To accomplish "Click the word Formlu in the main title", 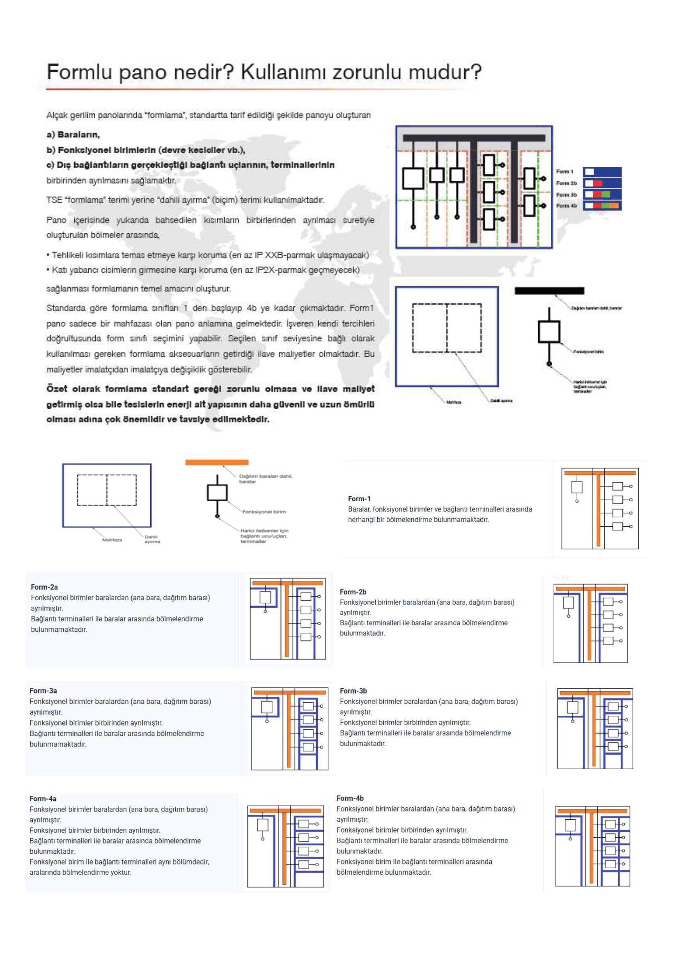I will [x=80, y=72].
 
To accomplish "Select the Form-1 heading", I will [x=359, y=498].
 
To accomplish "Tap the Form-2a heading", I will [x=44, y=587].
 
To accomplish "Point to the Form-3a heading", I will [x=43, y=691].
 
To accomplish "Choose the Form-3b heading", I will [x=353, y=691].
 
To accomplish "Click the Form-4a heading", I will [x=43, y=799].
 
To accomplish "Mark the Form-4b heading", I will [x=350, y=798].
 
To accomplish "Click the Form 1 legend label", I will [x=564, y=172].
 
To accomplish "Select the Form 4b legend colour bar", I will [x=602, y=205].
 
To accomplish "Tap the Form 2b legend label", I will [x=566, y=183].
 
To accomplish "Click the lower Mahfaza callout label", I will [x=112, y=540].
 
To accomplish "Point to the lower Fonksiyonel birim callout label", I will [x=264, y=512].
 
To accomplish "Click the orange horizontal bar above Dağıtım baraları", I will [x=217, y=463].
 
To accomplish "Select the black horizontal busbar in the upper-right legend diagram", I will [x=549, y=291].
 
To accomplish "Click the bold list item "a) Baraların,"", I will [x=73, y=135].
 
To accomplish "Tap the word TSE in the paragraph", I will [x=54, y=200].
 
